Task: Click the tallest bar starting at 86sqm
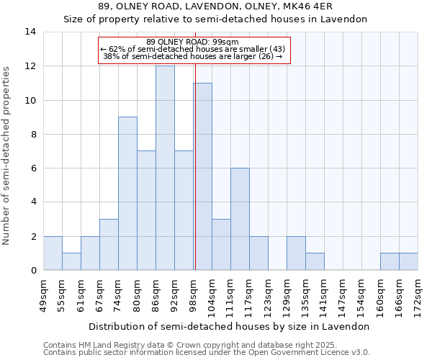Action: click(x=165, y=168)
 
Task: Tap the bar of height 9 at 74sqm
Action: click(x=127, y=193)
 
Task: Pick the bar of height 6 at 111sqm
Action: click(x=240, y=219)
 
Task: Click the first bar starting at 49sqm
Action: click(x=53, y=253)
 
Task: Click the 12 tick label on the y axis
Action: click(x=30, y=66)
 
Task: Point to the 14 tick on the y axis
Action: click(x=30, y=32)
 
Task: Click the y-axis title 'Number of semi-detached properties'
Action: click(x=7, y=155)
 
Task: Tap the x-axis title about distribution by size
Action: click(x=230, y=326)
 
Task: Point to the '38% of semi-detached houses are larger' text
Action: click(x=192, y=56)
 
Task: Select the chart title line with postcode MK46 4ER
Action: click(x=215, y=7)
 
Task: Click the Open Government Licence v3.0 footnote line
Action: click(x=207, y=352)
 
